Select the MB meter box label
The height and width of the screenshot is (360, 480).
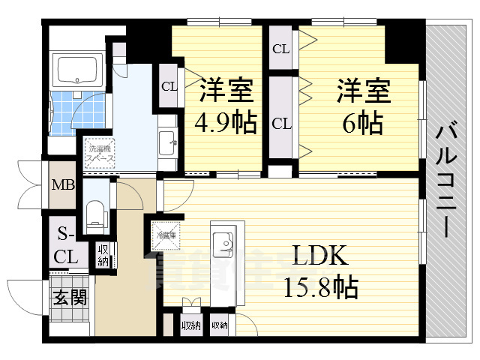click(x=62, y=184)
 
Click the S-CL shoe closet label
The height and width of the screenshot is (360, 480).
click(x=65, y=246)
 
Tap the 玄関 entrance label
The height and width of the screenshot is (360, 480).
click(x=70, y=296)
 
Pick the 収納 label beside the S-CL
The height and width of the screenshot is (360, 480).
click(x=103, y=254)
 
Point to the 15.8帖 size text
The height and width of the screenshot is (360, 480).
click(x=320, y=286)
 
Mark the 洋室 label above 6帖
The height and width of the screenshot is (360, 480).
click(x=363, y=91)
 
